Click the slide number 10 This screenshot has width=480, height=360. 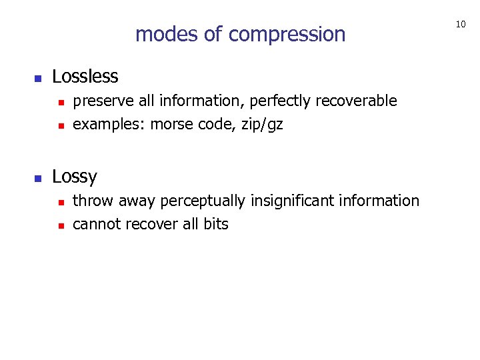click(x=460, y=25)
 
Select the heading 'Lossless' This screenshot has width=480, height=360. click(x=85, y=77)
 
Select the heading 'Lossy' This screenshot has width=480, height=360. click(x=74, y=177)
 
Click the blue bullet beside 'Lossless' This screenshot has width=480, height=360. click(x=38, y=79)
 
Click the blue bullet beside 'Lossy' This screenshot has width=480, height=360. click(x=38, y=179)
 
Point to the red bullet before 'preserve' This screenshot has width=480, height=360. click(x=60, y=103)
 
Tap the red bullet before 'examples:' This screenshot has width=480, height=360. click(x=60, y=125)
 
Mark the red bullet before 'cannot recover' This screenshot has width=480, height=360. click(x=60, y=225)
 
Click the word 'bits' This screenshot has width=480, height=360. click(x=215, y=224)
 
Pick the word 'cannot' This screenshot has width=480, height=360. click(x=95, y=224)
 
